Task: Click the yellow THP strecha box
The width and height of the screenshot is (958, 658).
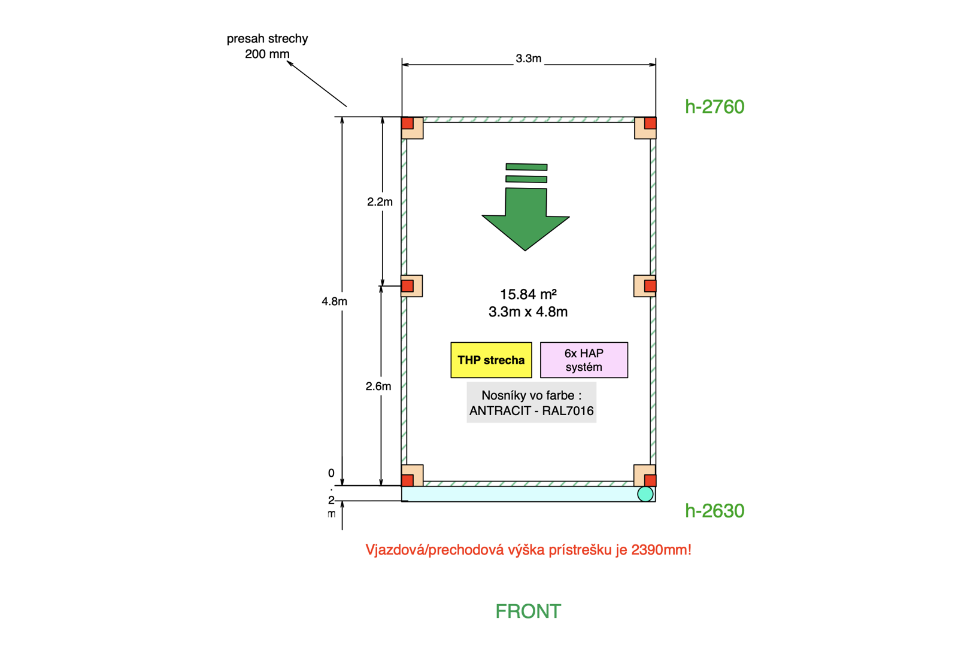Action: click(491, 360)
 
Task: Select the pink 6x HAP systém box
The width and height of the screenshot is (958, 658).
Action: click(584, 360)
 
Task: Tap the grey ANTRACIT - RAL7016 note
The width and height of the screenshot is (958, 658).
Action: click(531, 403)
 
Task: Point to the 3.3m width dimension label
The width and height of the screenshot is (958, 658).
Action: click(528, 59)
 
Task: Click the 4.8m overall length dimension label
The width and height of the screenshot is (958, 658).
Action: click(334, 301)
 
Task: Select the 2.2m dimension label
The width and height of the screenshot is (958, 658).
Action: click(380, 202)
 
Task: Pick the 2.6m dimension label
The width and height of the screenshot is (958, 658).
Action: click(378, 386)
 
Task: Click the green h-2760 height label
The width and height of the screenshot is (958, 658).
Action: click(714, 106)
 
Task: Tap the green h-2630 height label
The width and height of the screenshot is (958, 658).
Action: click(714, 511)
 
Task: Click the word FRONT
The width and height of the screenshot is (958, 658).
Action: click(528, 611)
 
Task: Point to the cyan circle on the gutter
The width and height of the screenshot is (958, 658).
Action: click(645, 494)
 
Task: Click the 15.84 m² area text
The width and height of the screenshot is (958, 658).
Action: click(528, 294)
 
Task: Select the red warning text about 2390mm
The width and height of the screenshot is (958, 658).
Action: click(528, 550)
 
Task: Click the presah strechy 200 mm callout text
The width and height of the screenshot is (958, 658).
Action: click(267, 46)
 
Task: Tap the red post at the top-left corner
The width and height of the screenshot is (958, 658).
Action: click(408, 123)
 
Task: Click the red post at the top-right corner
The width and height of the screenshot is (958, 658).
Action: click(650, 123)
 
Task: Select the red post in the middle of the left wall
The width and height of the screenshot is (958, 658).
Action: click(408, 286)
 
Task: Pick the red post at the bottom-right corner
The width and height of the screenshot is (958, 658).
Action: click(650, 480)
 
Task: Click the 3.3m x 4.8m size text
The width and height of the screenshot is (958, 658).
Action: click(528, 312)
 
